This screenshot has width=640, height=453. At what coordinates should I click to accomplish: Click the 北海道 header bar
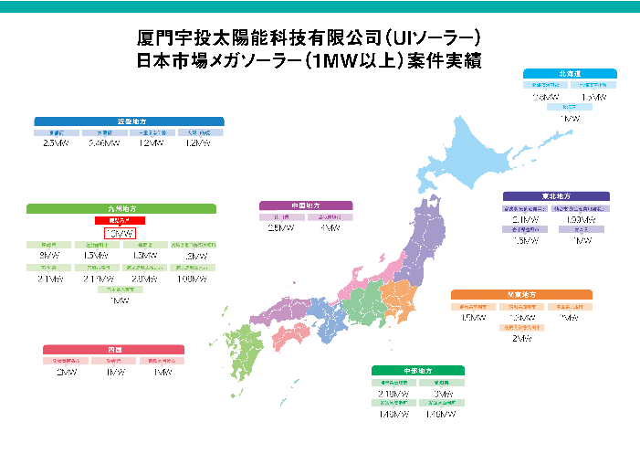click(x=566, y=72)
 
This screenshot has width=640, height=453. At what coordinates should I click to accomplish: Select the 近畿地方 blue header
click(x=129, y=121)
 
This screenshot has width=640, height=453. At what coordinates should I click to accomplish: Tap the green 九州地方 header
click(x=121, y=208)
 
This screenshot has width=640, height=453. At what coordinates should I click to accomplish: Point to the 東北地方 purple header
click(x=556, y=196)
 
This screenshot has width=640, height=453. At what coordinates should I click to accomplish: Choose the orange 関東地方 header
click(x=521, y=294)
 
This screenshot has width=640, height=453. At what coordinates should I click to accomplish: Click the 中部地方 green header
click(x=418, y=370)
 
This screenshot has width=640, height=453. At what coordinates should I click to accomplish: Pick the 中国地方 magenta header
click(x=306, y=205)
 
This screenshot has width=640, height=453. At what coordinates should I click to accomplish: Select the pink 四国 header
click(x=114, y=349)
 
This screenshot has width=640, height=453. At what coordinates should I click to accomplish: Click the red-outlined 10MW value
click(x=120, y=235)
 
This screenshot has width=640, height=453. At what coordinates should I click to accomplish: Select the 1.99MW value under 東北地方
click(x=580, y=220)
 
